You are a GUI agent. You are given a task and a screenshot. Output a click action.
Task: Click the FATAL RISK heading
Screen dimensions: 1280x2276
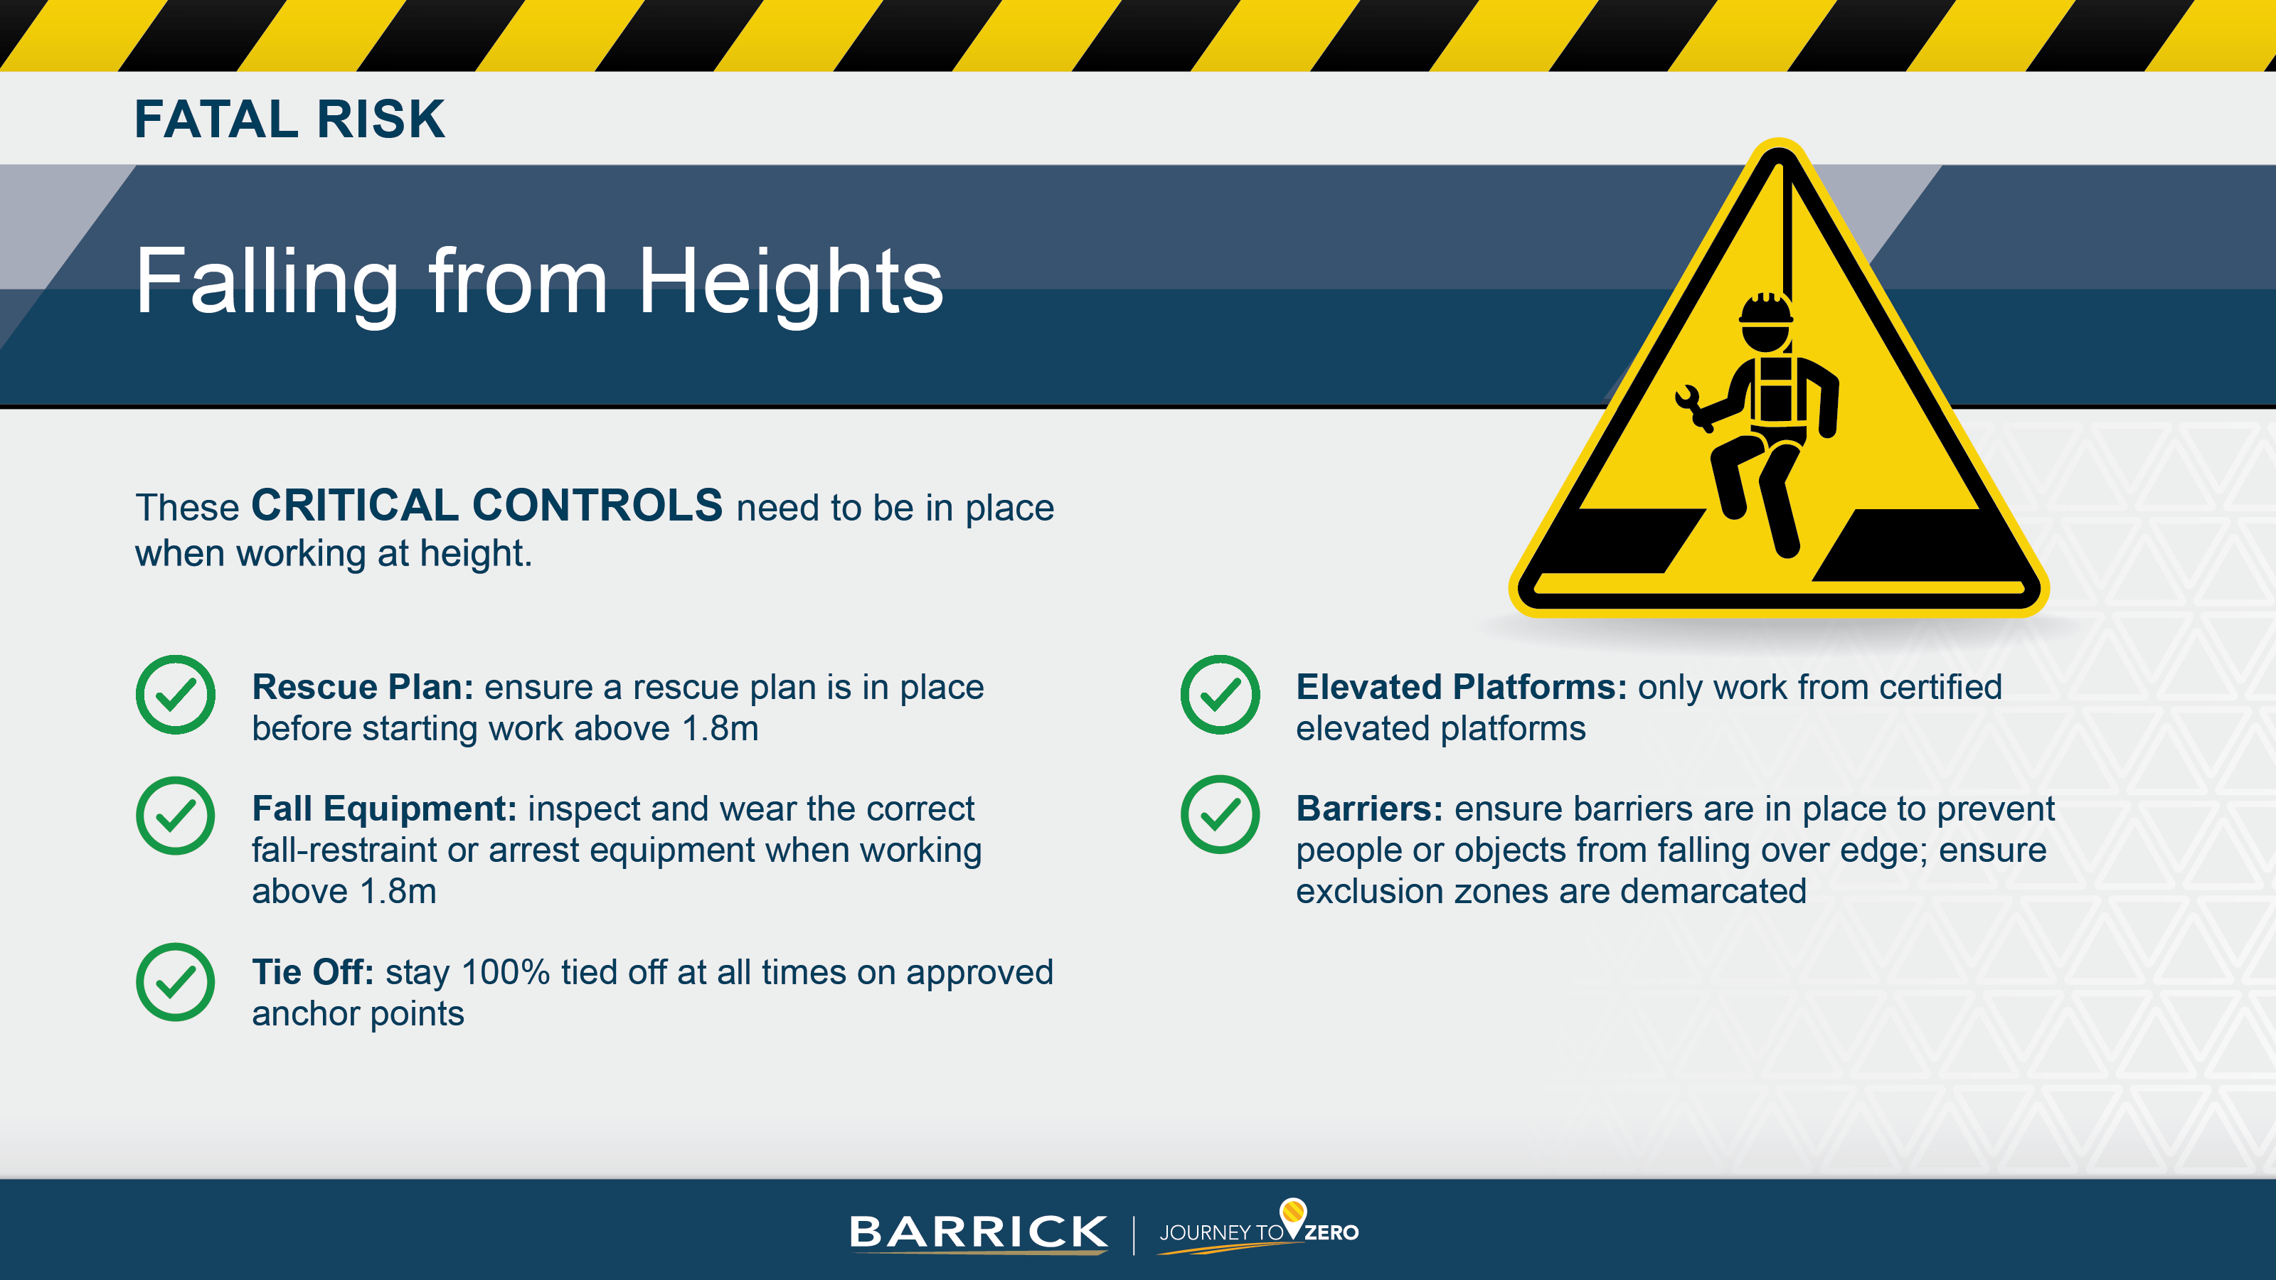(289, 119)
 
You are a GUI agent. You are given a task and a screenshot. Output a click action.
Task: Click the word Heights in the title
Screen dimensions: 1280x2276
(790, 282)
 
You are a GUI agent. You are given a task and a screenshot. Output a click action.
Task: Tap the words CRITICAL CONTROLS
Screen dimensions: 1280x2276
(486, 506)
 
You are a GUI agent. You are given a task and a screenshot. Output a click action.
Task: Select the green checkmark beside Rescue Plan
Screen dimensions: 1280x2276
(175, 694)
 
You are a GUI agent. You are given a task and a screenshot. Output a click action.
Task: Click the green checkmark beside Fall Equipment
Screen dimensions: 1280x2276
(175, 816)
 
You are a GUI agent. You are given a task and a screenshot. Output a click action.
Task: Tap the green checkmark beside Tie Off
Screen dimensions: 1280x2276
(175, 981)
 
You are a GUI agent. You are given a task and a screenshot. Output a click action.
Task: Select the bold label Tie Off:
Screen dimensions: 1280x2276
(313, 971)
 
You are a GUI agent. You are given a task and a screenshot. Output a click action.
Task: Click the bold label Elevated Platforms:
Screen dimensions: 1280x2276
(1460, 687)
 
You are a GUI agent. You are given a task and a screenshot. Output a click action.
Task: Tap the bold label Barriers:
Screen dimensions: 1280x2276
(1368, 809)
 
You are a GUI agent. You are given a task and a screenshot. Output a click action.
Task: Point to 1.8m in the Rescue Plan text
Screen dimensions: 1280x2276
(720, 729)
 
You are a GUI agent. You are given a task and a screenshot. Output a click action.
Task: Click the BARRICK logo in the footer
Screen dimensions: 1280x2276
(978, 1232)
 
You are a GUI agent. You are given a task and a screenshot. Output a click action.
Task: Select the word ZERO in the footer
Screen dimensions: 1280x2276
(1331, 1233)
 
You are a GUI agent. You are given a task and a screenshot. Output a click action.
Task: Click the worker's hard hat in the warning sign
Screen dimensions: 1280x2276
(1765, 310)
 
